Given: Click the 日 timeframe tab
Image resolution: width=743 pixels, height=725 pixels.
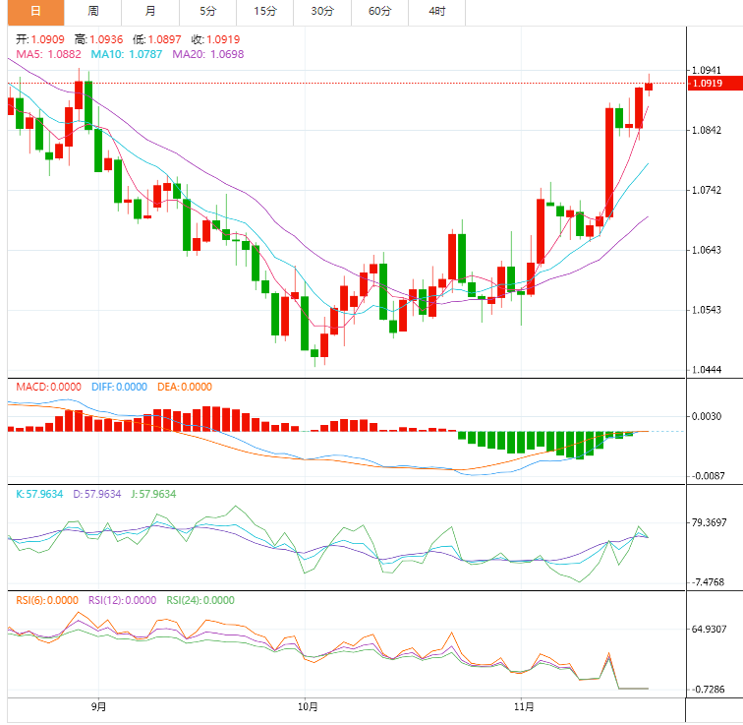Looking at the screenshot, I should tap(35, 12).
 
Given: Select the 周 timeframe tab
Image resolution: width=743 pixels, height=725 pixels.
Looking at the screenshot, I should tap(92, 12).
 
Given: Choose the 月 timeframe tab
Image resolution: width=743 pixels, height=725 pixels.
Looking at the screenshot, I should tap(149, 12).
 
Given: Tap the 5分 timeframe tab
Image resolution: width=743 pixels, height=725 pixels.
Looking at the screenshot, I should tap(207, 12).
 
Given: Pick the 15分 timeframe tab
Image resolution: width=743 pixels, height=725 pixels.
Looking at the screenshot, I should tap(264, 12).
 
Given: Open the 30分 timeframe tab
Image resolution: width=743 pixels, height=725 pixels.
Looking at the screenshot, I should tap(322, 12).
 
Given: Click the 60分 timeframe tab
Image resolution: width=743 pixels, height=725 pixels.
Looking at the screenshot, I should tap(379, 12).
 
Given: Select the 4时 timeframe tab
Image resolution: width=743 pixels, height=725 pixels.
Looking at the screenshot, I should tap(436, 12).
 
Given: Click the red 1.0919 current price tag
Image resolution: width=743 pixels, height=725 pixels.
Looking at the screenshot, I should tap(708, 84).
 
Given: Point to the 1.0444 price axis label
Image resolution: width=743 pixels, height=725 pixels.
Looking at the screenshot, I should tap(708, 370).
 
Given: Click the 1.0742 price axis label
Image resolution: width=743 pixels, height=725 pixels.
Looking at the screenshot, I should tap(708, 190).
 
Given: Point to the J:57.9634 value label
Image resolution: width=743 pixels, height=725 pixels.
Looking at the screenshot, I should tap(152, 494).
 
